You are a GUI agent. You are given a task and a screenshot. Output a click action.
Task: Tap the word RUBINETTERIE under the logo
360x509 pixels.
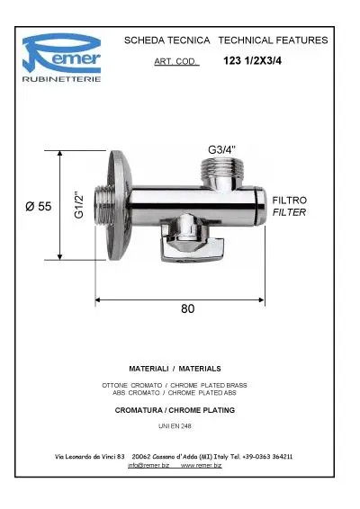(x=62, y=79)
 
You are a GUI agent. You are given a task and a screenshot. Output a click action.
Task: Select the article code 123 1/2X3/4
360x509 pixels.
(x=253, y=61)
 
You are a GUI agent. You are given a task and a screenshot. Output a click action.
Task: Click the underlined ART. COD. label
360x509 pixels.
(x=175, y=61)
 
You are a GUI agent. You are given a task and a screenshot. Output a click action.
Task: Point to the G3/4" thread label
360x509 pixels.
(x=222, y=149)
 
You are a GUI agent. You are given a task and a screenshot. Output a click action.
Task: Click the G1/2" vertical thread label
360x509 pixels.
(x=79, y=205)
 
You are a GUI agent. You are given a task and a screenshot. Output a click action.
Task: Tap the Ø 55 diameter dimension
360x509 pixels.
(x=39, y=206)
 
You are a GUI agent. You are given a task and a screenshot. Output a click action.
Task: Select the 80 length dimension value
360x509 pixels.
(x=188, y=308)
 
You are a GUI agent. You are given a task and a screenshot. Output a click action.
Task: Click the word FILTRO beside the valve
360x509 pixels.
(x=289, y=201)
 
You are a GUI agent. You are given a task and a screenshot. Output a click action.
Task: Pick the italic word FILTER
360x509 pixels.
(x=289, y=212)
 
